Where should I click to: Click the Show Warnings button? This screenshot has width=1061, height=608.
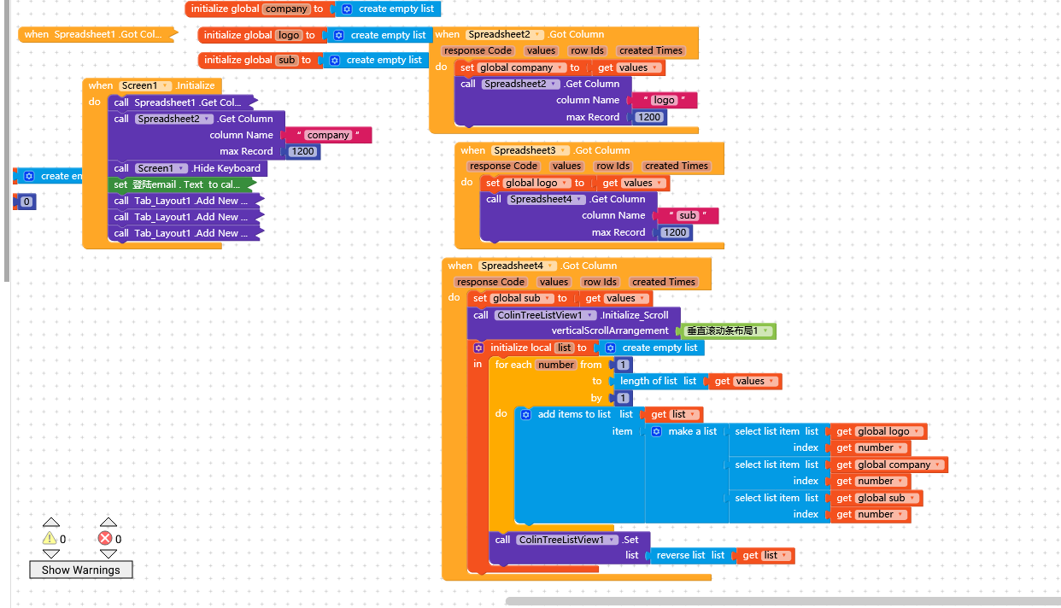click(x=81, y=570)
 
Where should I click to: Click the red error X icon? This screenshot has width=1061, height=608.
click(x=105, y=538)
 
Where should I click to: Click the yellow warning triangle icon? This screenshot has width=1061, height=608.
click(x=50, y=538)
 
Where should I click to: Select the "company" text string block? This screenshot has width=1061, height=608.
click(x=328, y=135)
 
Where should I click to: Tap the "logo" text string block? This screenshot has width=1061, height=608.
click(x=664, y=100)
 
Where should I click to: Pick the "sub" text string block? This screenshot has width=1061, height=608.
click(x=688, y=215)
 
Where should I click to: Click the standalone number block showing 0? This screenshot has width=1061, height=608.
click(x=26, y=202)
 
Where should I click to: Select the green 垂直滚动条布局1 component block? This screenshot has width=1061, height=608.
click(x=728, y=331)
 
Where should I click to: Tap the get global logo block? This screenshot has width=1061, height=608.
click(x=878, y=431)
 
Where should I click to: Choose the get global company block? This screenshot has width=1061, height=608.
click(x=888, y=465)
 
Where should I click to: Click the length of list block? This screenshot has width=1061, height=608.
click(x=659, y=381)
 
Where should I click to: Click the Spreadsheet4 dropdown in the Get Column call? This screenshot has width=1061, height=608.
click(x=546, y=199)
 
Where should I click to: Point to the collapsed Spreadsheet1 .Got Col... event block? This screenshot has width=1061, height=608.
click(x=97, y=34)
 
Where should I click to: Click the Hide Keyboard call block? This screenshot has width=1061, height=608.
click(x=188, y=168)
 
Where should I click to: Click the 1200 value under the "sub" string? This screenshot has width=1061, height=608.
click(x=675, y=232)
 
